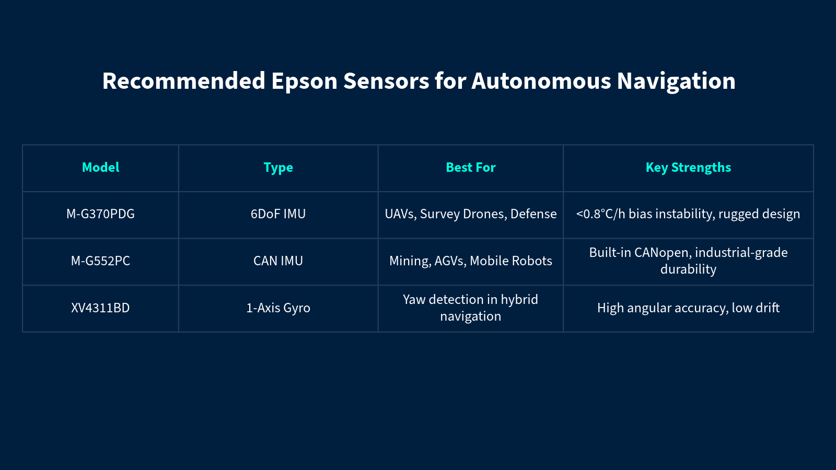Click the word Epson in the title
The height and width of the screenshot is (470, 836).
tap(304, 81)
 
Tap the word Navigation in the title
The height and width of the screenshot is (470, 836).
tap(676, 81)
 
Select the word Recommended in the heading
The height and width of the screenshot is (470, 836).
tap(183, 81)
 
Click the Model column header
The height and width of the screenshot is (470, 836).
tap(100, 168)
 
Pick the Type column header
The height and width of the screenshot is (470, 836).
tap(278, 168)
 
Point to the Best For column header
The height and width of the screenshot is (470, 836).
tap(471, 168)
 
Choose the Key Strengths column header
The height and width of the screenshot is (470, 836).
tap(688, 168)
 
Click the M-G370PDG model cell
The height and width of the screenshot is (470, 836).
tap(100, 214)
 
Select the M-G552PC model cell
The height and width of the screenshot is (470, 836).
tap(100, 261)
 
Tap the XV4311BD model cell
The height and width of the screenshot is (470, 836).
tap(100, 308)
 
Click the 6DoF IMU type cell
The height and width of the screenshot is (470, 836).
tap(278, 214)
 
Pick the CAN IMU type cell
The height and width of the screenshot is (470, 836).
tap(278, 261)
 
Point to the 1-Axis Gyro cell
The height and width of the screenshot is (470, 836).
tap(278, 308)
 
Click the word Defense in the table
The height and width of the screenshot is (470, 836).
tap(533, 214)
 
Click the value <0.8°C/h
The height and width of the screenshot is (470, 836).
tap(600, 214)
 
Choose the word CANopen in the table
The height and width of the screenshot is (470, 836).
tap(661, 253)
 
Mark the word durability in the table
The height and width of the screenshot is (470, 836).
tap(688, 269)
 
